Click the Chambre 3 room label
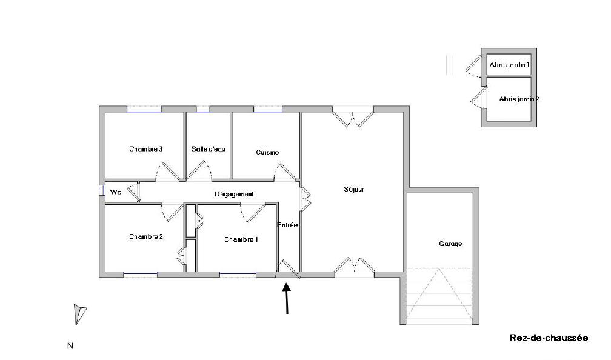click(x=145, y=149)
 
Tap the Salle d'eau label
click(x=208, y=149)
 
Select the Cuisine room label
click(x=267, y=152)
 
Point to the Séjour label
click(x=354, y=189)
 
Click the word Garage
click(x=450, y=244)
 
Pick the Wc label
click(x=116, y=192)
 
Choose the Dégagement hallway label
click(x=234, y=194)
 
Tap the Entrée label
click(x=287, y=225)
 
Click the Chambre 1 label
click(x=241, y=239)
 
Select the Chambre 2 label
click(x=146, y=236)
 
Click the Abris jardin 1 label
click(x=510, y=65)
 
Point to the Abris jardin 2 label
click(x=519, y=99)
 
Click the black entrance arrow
click(x=287, y=298)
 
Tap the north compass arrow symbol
click(x=80, y=314)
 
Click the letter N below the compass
click(x=70, y=346)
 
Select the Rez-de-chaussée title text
click(x=549, y=338)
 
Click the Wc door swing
click(x=133, y=192)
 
